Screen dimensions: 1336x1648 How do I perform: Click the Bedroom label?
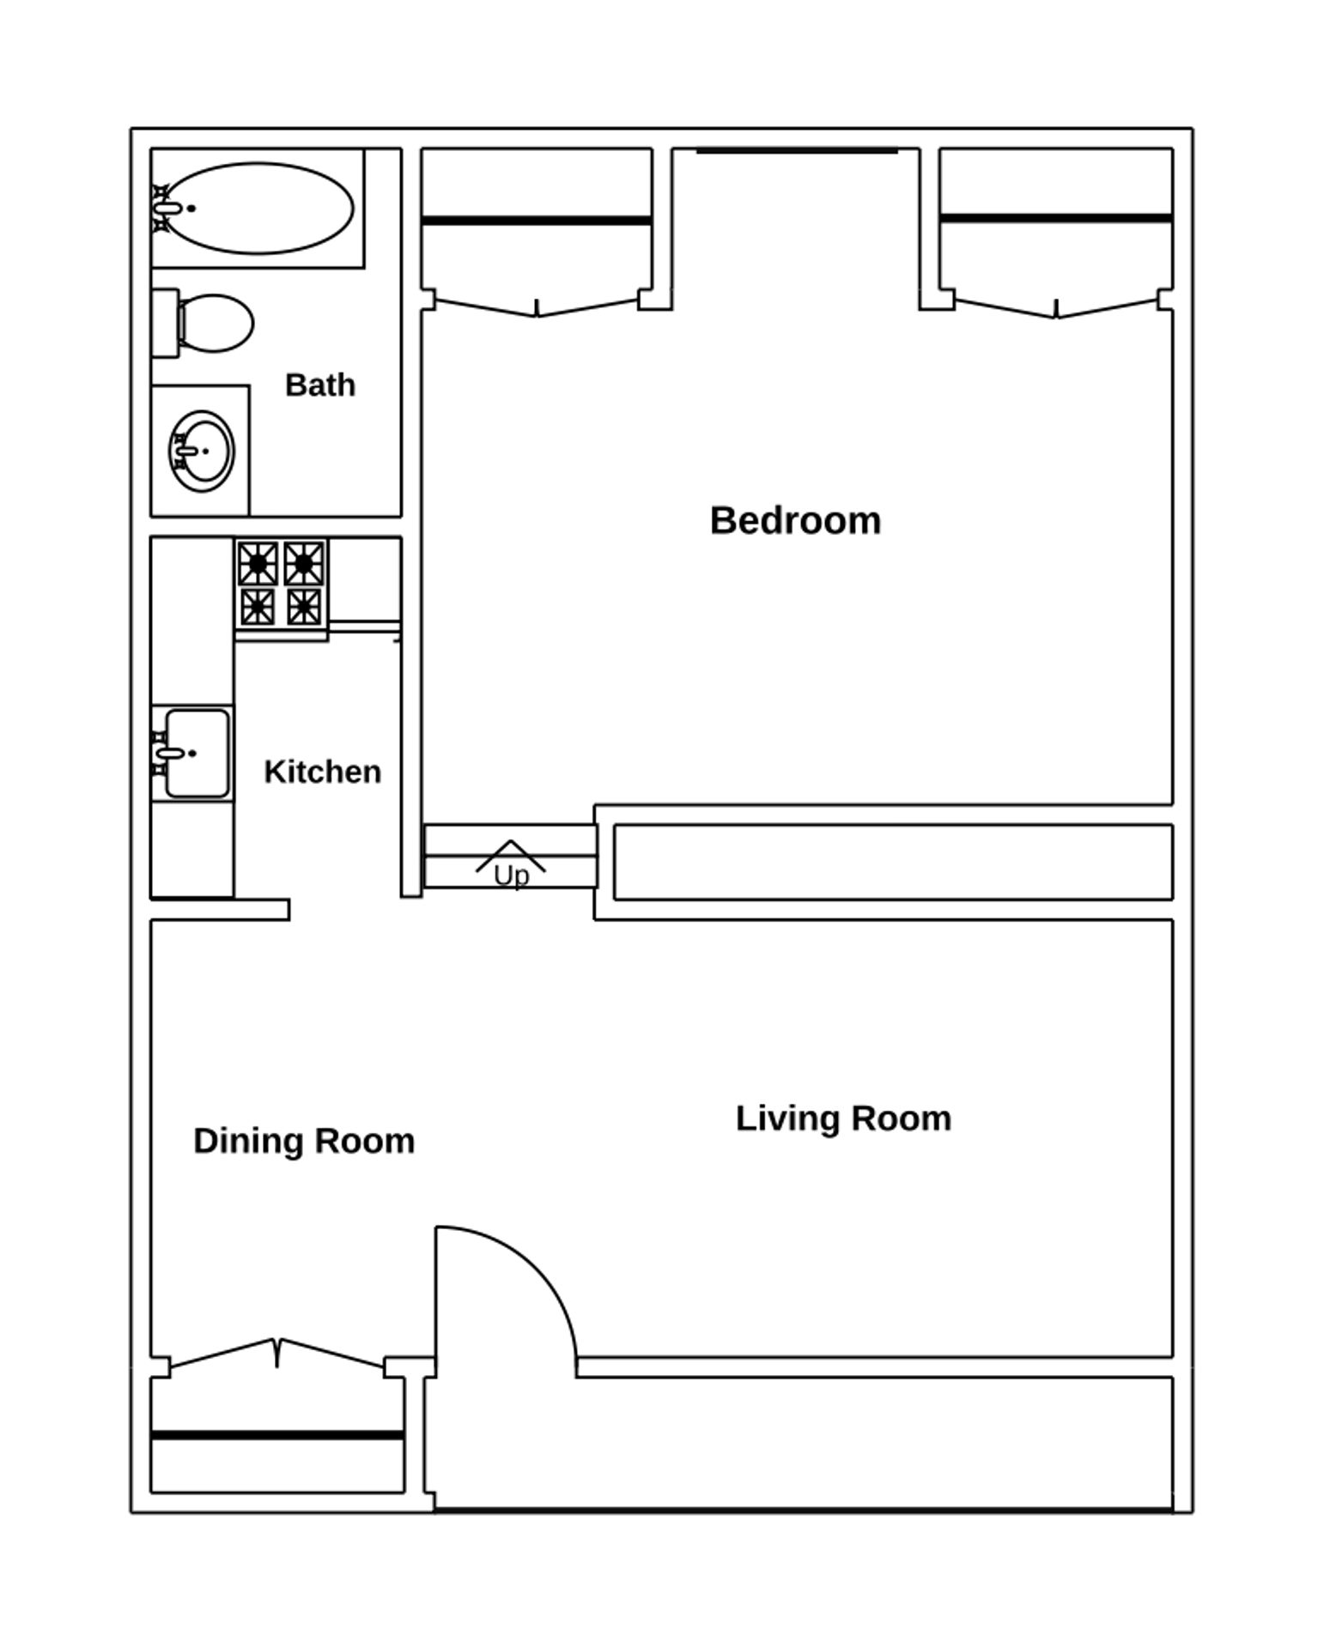pos(795,521)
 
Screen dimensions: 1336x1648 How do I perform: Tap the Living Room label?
pos(843,1118)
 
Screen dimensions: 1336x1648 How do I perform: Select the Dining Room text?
pos(304,1142)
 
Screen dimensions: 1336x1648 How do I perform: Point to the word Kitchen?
pos(323,772)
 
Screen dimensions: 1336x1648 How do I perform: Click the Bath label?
pos(320,385)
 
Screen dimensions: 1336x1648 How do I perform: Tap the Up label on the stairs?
pos(511,875)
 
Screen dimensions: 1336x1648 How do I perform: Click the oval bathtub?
pos(258,208)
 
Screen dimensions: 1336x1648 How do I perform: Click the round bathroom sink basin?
pos(202,451)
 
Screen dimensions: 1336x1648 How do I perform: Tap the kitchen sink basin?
pos(197,754)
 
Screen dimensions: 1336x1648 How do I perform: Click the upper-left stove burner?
pos(258,563)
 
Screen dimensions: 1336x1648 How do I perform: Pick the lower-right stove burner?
pos(304,607)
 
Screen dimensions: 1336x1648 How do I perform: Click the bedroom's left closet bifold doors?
pos(537,305)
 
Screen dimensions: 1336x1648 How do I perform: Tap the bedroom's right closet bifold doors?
pos(1056,306)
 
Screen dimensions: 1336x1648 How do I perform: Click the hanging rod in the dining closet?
pos(277,1434)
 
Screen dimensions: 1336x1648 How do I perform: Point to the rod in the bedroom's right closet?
pos(1056,218)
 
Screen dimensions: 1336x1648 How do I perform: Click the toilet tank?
pos(165,324)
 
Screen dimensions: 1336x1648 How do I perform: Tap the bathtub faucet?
pos(166,208)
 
